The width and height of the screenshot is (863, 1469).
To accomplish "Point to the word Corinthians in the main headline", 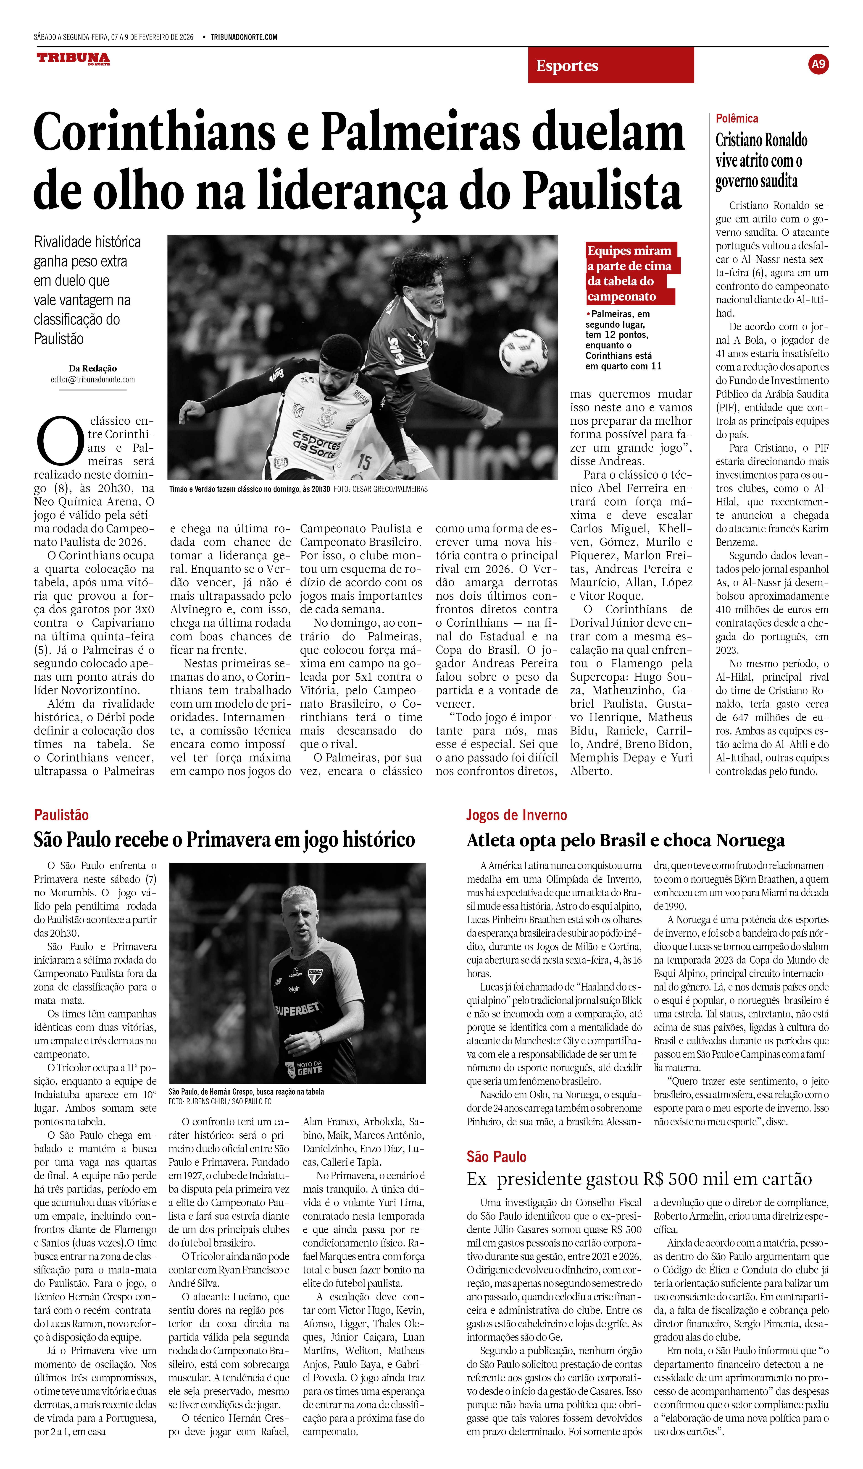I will [155, 133].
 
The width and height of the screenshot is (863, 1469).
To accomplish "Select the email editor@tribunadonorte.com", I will [93, 379].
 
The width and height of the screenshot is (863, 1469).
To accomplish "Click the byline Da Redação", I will [93, 369].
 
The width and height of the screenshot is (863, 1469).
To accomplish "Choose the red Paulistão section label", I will [61, 815].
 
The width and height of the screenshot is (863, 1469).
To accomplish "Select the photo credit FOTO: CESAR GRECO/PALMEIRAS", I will [381, 489].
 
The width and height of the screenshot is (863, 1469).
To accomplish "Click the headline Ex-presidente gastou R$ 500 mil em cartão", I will [639, 1179].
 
